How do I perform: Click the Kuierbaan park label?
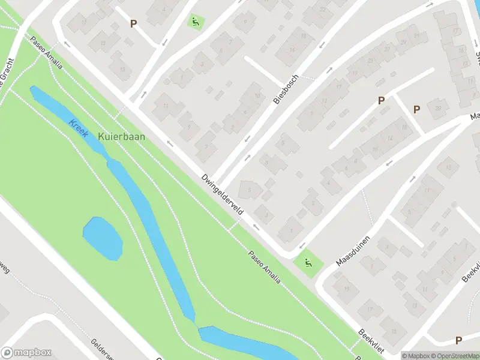pyautogui.click(x=121, y=136)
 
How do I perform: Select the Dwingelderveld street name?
pyautogui.click(x=222, y=194)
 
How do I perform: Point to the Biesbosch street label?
pyautogui.click(x=286, y=91)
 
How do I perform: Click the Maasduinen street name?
pyautogui.click(x=353, y=251)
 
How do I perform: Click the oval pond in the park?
pyautogui.click(x=103, y=238)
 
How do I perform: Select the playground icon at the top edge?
pyautogui.click(x=195, y=23)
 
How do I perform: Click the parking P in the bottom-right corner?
pyautogui.click(x=459, y=340)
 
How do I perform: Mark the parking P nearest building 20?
pyautogui.click(x=416, y=109)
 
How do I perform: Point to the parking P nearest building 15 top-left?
pyautogui.click(x=133, y=24)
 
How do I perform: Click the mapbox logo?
pyautogui.click(x=26, y=353)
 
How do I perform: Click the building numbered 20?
pyautogui.click(x=438, y=108)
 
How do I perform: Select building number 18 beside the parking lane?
pyautogui.click(x=404, y=127)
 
